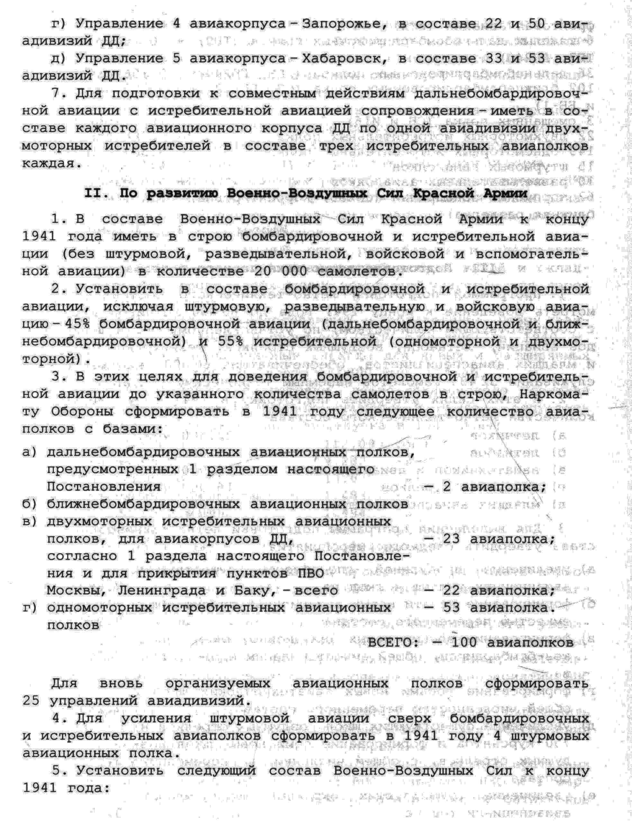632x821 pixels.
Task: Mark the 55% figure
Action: click(230, 341)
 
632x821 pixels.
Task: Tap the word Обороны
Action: click(82, 411)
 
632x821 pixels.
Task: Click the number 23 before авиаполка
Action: click(451, 539)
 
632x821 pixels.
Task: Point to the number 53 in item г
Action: click(451, 608)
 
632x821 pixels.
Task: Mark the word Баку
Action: click(248, 591)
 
